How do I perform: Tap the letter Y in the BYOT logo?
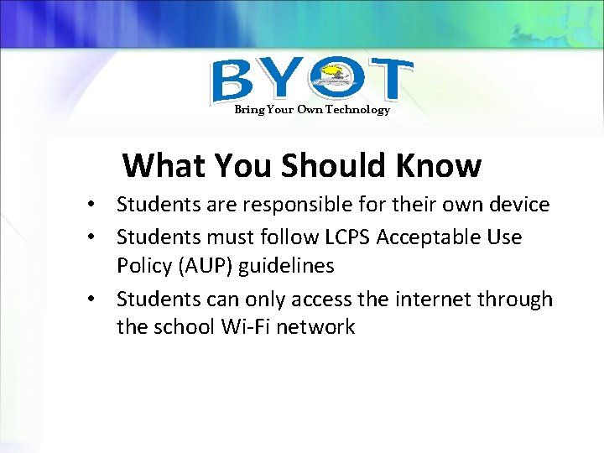tap(283, 81)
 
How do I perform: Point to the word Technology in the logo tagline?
tap(358, 110)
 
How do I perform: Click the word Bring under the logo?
tap(248, 110)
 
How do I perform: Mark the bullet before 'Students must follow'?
tap(99, 238)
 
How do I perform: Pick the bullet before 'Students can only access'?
tap(99, 300)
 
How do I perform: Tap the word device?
tap(518, 205)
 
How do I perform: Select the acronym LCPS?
tap(346, 237)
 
